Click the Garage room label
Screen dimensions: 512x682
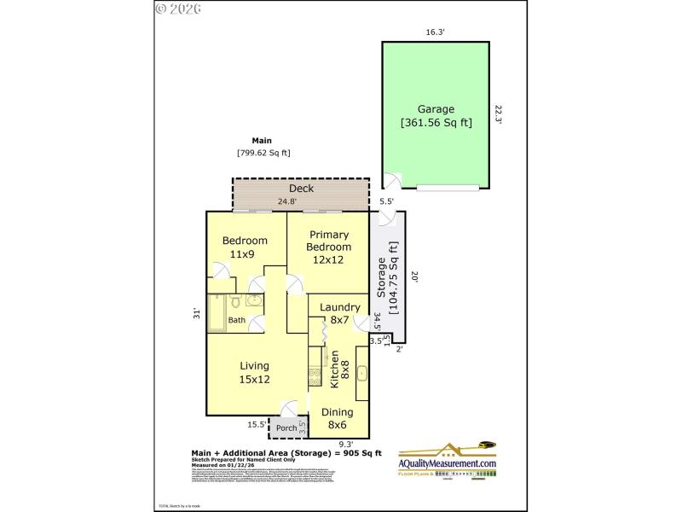click(436, 115)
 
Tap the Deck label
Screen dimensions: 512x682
click(301, 189)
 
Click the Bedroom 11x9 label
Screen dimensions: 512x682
click(239, 247)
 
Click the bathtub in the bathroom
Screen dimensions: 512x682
click(216, 312)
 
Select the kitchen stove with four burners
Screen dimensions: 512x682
click(315, 375)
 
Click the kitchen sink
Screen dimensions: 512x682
click(362, 373)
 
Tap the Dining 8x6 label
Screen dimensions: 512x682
click(338, 418)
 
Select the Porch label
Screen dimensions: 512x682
click(286, 428)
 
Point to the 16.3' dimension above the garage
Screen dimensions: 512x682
click(436, 32)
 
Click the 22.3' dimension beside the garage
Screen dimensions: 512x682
click(499, 114)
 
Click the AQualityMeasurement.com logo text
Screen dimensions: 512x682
click(448, 463)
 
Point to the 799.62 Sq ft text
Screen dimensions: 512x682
click(263, 154)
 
